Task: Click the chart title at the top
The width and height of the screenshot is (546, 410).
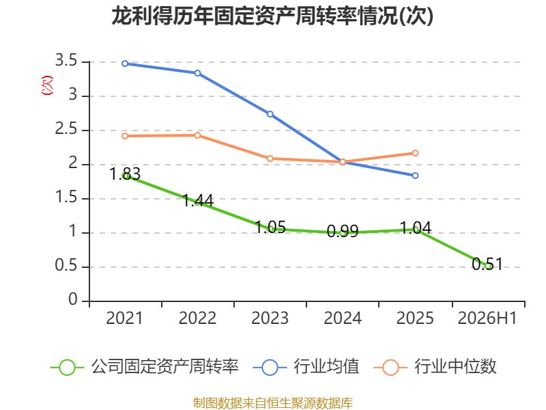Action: tap(272, 16)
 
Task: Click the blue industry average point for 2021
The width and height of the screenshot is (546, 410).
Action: tap(125, 64)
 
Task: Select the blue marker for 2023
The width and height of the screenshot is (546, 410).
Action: tap(270, 114)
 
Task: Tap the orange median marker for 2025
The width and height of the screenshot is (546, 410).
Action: tap(415, 153)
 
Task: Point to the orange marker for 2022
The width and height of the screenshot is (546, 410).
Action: tap(197, 135)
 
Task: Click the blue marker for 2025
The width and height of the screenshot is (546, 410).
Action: tap(415, 176)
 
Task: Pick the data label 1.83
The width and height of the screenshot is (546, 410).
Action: tap(125, 174)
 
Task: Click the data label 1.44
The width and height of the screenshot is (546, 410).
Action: tap(198, 200)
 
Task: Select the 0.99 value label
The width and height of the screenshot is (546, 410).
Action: tap(343, 231)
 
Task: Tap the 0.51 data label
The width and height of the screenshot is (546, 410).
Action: tap(487, 264)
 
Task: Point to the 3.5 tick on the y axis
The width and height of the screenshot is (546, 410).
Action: tap(66, 61)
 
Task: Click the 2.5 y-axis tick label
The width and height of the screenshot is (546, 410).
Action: tap(66, 129)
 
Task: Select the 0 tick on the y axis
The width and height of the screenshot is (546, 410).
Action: tap(73, 299)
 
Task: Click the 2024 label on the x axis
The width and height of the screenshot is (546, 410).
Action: tap(343, 318)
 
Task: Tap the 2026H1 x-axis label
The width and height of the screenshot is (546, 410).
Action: tap(487, 318)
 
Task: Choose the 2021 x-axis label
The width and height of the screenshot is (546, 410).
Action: tap(125, 318)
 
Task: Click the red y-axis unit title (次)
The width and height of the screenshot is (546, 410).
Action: tap(47, 85)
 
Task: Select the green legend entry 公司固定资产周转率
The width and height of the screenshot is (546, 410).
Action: tap(145, 367)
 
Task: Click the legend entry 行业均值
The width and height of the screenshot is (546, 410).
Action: tap(306, 367)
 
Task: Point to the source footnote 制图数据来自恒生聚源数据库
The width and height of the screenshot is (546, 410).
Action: tap(273, 403)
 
